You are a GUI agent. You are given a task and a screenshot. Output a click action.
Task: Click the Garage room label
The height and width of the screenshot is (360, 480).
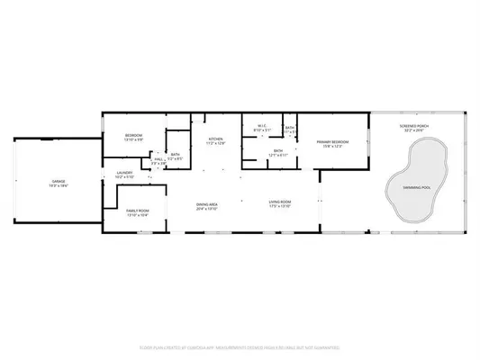click(59, 181)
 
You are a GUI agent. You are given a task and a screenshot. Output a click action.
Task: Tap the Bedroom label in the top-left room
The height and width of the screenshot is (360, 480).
click(134, 135)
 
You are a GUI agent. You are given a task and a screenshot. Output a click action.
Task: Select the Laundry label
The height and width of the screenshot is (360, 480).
click(124, 173)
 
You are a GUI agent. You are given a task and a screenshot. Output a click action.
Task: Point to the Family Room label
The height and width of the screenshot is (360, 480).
click(138, 211)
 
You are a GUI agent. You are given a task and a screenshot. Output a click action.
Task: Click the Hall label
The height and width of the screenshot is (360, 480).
click(158, 158)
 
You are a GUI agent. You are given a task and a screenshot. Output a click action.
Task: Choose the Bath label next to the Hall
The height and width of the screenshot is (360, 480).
click(176, 154)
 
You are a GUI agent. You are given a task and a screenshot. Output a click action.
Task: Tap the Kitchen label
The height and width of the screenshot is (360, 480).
click(214, 139)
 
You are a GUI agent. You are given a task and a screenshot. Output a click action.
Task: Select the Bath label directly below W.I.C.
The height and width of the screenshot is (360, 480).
click(278, 150)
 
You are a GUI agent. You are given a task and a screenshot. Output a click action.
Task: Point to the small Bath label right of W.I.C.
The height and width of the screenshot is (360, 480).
click(290, 127)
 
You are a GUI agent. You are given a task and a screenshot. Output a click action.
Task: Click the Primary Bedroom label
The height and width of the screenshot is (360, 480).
click(331, 142)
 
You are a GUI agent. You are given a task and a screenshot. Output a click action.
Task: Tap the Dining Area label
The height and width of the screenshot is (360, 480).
click(208, 204)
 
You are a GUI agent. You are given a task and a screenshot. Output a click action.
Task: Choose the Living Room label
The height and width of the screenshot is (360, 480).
click(279, 204)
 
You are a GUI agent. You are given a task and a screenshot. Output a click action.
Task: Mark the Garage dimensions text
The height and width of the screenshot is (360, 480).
click(59, 185)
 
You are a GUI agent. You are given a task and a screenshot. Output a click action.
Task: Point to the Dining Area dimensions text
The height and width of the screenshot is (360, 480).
click(208, 209)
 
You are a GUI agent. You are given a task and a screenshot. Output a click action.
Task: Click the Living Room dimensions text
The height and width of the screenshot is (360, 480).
click(279, 209)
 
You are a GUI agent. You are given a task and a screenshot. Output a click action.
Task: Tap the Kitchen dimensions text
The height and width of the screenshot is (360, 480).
click(214, 143)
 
